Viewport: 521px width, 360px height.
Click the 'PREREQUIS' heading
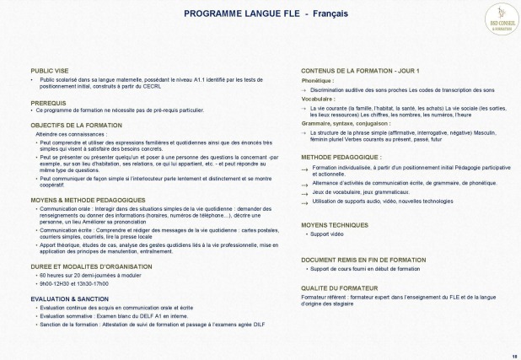(x=48, y=102)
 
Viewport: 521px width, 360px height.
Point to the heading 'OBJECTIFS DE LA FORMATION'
(x=76, y=125)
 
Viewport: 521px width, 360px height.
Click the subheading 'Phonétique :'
(x=317, y=80)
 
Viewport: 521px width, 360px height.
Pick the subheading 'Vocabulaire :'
(x=319, y=99)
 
